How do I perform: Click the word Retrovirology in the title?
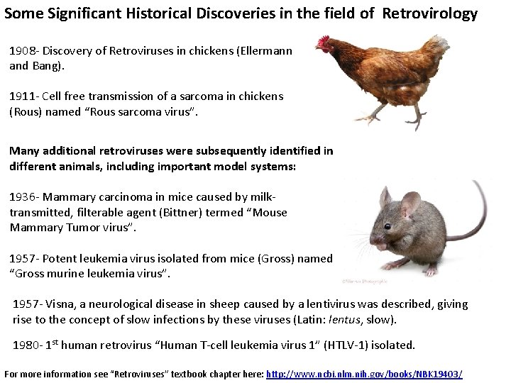click(x=430, y=13)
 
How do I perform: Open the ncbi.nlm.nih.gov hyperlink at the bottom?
click(x=364, y=374)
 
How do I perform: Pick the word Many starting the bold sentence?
click(x=24, y=151)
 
